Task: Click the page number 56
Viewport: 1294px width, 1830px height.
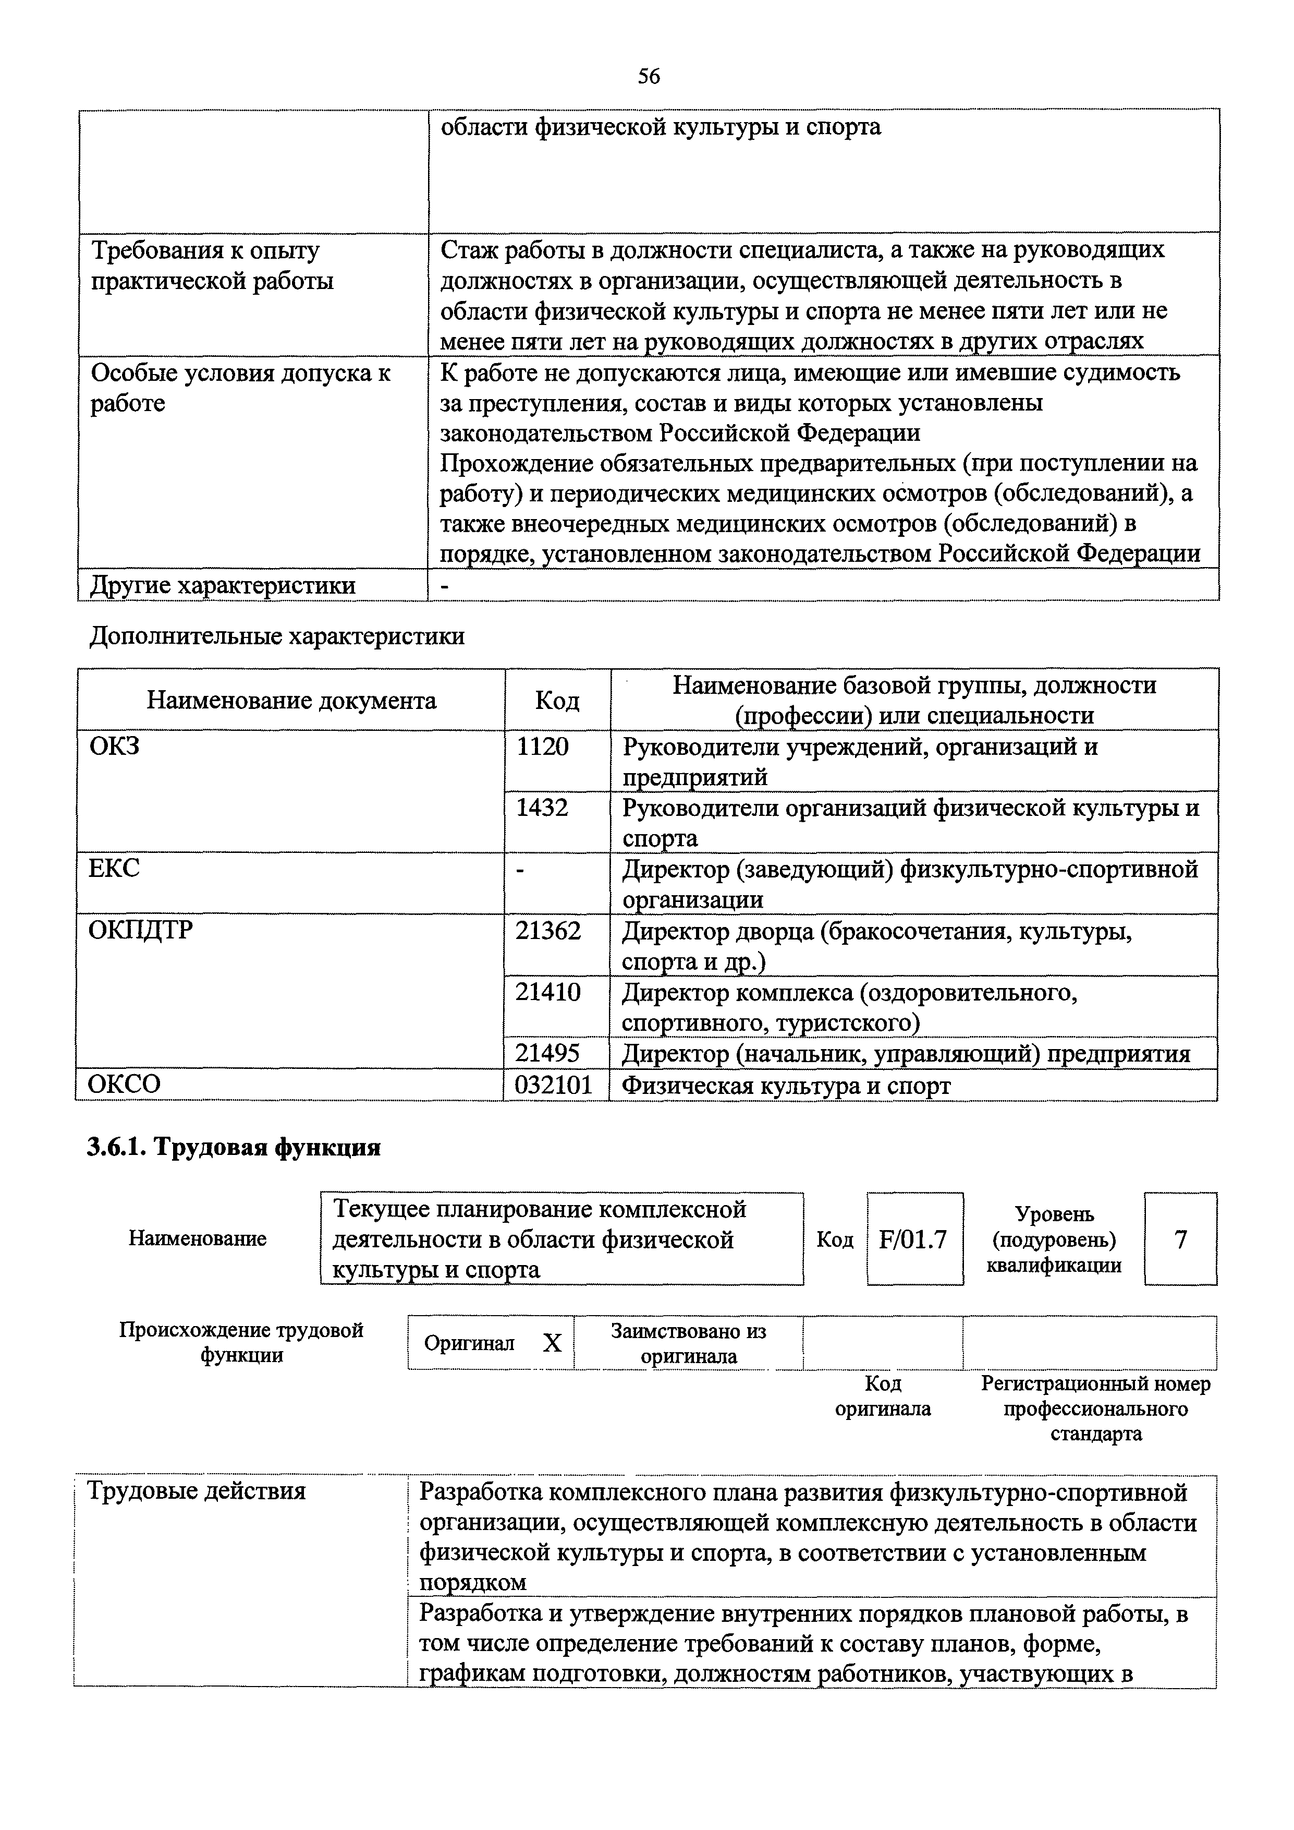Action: point(649,77)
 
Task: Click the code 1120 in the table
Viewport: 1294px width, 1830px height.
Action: point(543,747)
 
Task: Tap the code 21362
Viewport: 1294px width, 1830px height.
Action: point(548,931)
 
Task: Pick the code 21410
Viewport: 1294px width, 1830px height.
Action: point(548,992)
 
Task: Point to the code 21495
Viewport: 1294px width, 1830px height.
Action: point(548,1054)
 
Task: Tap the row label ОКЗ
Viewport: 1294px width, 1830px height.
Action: point(114,747)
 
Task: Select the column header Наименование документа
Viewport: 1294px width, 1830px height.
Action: point(291,701)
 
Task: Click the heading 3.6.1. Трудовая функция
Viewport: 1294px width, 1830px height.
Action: point(234,1147)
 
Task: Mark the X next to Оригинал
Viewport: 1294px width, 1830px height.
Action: point(552,1344)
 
